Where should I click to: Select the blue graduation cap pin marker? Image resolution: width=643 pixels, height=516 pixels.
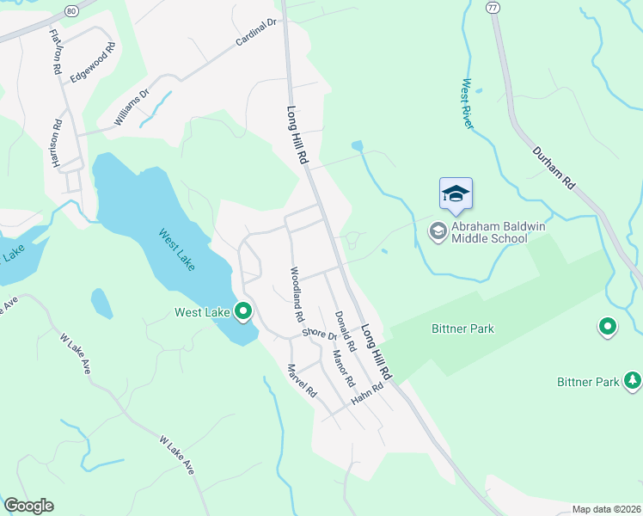pos(456,195)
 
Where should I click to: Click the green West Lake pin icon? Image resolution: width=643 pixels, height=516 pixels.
pos(243,311)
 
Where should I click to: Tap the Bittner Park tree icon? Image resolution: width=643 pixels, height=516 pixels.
pos(633,380)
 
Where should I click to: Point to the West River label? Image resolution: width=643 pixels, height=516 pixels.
pos(467,104)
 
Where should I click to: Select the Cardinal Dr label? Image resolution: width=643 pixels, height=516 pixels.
pos(256,33)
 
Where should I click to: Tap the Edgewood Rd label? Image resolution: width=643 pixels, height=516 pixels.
pos(92,63)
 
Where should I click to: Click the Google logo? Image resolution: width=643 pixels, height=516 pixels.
pos(28,506)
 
